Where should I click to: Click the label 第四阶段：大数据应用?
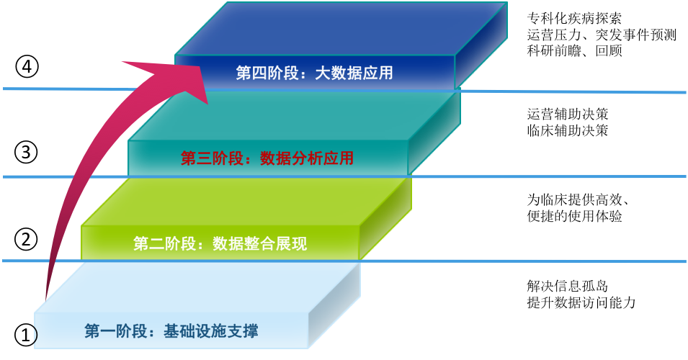[314, 73]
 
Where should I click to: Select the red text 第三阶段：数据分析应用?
[267, 158]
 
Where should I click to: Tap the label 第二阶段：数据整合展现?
[220, 244]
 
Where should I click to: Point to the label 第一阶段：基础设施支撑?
[171, 332]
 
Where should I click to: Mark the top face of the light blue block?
[202, 288]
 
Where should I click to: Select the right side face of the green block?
[386, 219]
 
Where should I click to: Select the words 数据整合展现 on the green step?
[259, 244]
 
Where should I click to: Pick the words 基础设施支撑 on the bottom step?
[210, 332]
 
